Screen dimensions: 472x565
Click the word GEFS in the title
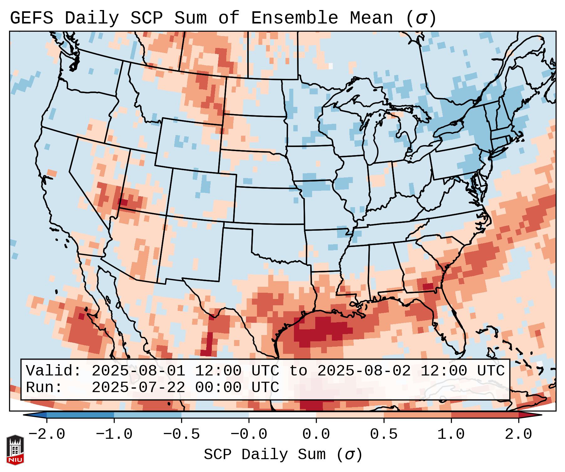click(31, 18)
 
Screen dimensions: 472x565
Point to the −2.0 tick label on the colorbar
click(47, 434)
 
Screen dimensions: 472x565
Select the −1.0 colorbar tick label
click(114, 434)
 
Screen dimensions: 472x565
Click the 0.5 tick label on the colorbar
click(384, 434)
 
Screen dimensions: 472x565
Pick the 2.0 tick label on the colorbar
click(518, 434)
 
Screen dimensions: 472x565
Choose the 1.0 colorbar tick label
click(451, 434)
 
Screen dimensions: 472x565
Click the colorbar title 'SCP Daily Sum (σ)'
click(283, 455)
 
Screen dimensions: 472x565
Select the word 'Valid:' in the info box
click(54, 371)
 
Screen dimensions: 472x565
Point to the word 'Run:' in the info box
click(44, 388)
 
